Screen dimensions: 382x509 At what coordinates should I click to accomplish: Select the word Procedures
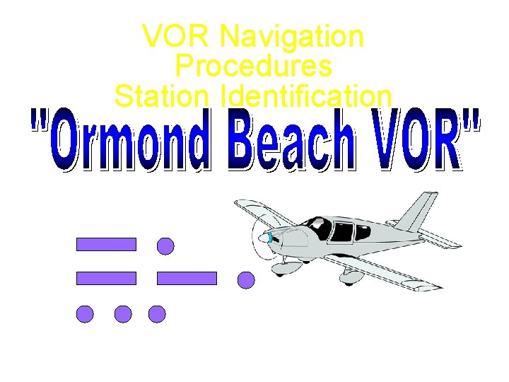point(253,66)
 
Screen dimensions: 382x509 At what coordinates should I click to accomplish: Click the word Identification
point(306,96)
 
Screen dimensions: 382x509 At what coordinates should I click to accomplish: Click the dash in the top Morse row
point(106,245)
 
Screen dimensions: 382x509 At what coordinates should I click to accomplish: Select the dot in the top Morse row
point(165,246)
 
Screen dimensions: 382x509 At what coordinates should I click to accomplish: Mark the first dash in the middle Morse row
point(106,278)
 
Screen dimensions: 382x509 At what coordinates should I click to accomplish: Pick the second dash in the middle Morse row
point(187,278)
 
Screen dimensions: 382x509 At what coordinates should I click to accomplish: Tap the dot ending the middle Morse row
point(246,280)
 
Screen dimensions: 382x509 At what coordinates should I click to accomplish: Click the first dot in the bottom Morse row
point(85,314)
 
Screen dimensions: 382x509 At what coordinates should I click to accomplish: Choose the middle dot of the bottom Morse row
point(123,314)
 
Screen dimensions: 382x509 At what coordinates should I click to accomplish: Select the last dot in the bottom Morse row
point(157,314)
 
